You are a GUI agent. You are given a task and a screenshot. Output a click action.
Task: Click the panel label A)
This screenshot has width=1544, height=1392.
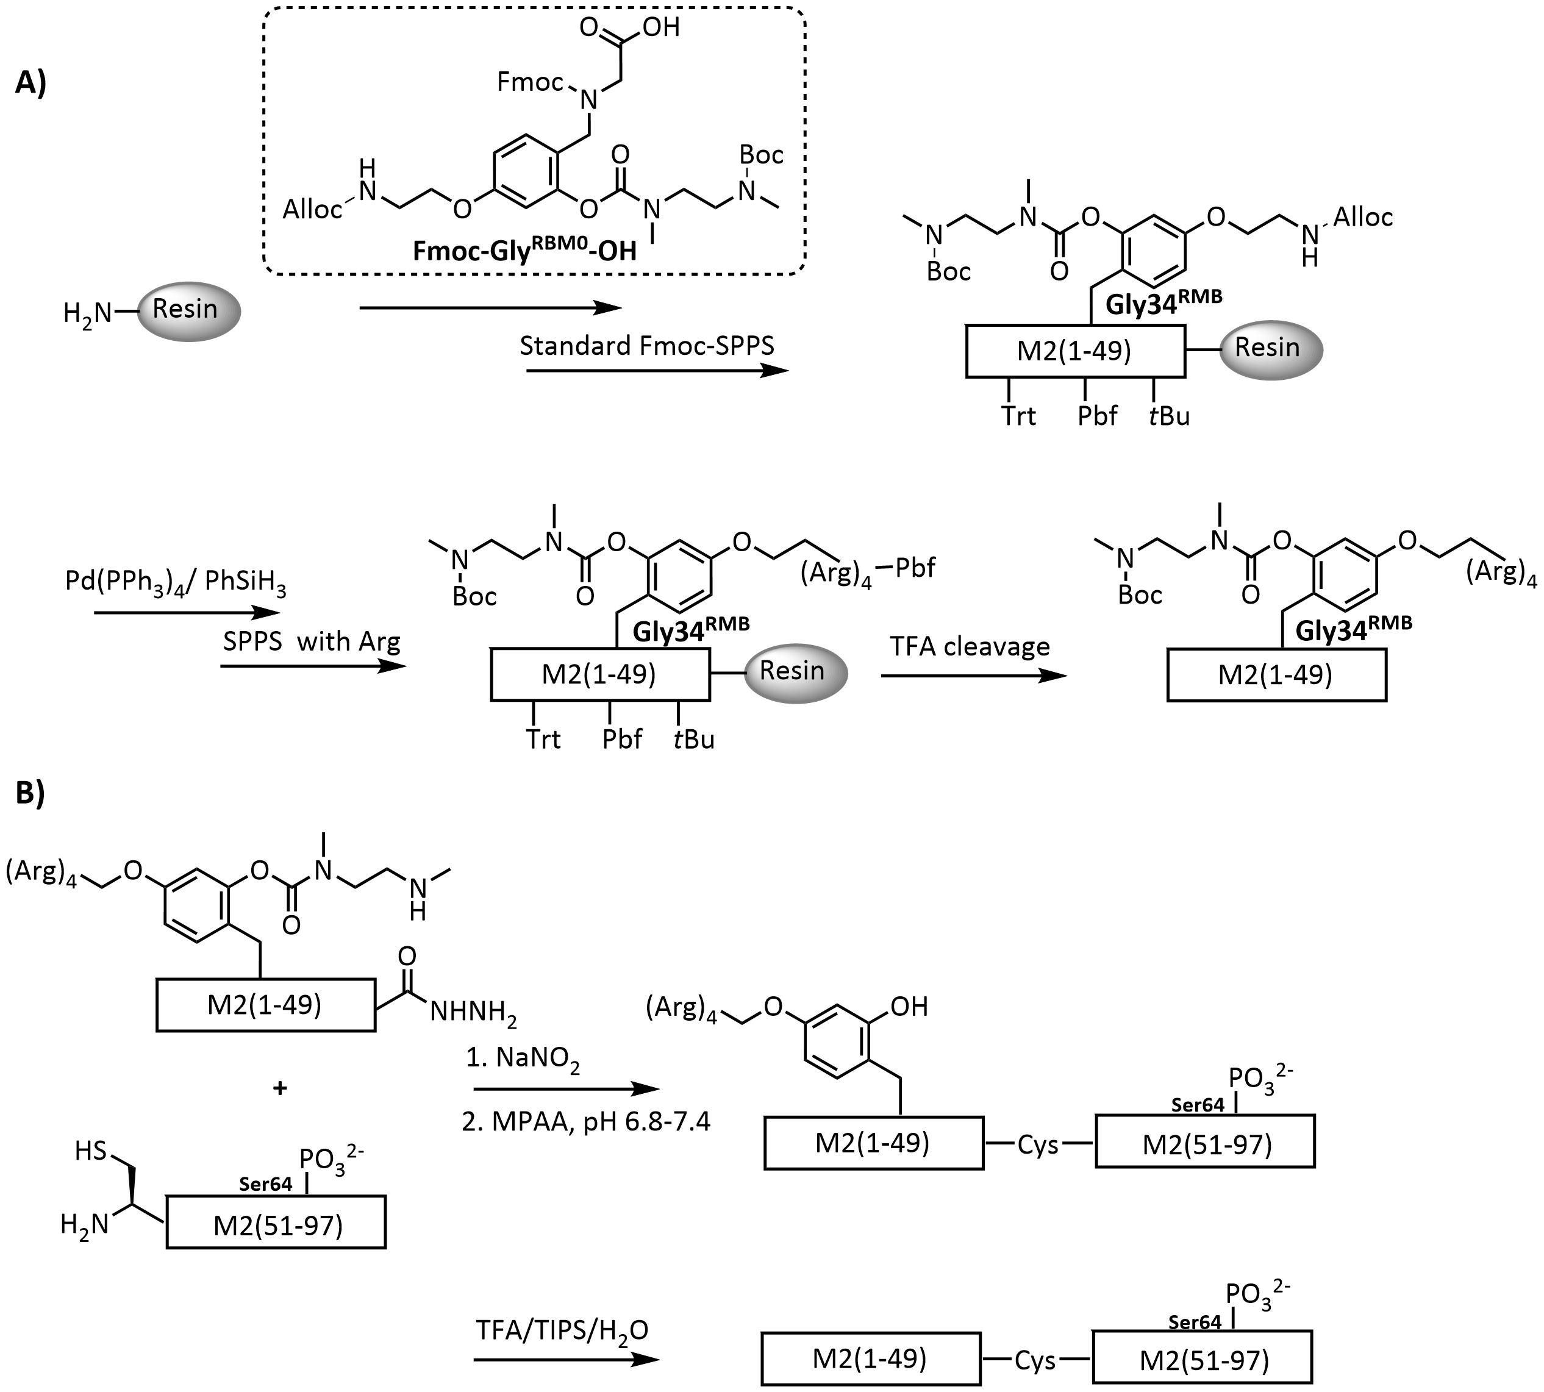click(x=30, y=82)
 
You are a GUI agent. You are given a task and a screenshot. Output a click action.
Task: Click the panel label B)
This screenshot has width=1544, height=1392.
click(x=30, y=793)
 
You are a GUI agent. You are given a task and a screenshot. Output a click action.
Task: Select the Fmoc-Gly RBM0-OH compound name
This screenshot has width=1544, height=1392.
click(x=524, y=249)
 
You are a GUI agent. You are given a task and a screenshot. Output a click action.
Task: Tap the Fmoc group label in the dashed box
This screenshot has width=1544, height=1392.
click(x=529, y=81)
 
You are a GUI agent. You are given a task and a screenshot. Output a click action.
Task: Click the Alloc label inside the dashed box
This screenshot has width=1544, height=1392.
click(x=312, y=209)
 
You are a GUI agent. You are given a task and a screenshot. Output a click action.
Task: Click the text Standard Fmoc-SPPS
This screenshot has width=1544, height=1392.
click(x=647, y=346)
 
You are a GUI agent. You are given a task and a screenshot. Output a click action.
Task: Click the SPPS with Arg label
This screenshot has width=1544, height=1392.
click(x=311, y=641)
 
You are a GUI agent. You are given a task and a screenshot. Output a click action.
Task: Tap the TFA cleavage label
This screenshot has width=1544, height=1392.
click(x=970, y=646)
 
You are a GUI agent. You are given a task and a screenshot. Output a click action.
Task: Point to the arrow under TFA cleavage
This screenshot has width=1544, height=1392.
click(x=973, y=676)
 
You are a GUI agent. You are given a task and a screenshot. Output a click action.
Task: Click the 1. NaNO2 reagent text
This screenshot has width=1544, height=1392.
click(x=523, y=1058)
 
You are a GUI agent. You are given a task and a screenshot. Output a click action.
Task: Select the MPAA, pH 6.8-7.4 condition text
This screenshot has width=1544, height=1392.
click(x=587, y=1121)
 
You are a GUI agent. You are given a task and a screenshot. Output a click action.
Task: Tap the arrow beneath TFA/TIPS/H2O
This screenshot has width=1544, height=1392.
click(x=565, y=1359)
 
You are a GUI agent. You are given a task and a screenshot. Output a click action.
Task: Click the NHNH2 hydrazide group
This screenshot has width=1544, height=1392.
click(x=473, y=1013)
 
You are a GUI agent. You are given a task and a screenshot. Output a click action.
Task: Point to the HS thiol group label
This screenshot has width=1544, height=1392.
click(x=90, y=1151)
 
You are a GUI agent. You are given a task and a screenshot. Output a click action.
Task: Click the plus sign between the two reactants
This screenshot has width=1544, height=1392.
click(x=280, y=1088)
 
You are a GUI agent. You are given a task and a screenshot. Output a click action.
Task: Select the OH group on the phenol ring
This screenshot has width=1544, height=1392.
click(x=909, y=1007)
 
